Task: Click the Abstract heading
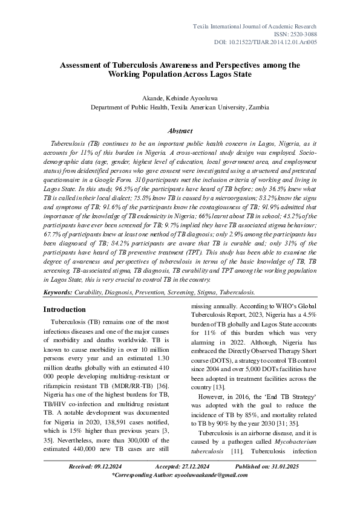point(180,131)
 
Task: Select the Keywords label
point(57,292)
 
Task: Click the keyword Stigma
point(201,292)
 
